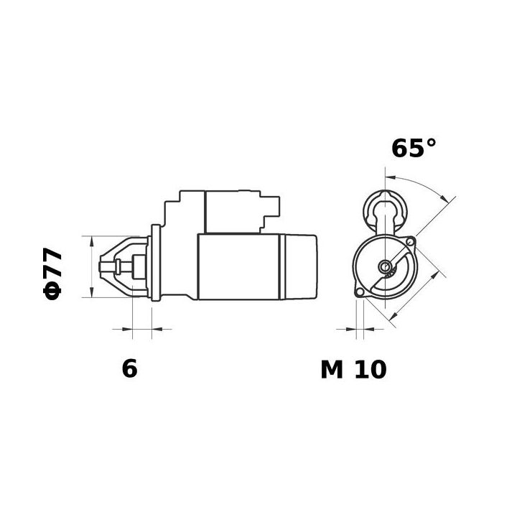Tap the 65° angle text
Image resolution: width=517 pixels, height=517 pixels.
[414, 148]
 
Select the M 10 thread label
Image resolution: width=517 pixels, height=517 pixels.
[353, 369]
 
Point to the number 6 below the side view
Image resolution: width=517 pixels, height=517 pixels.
[129, 368]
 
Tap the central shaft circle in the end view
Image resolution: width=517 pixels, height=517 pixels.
[386, 268]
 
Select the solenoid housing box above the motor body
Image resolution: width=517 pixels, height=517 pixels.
[231, 212]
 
